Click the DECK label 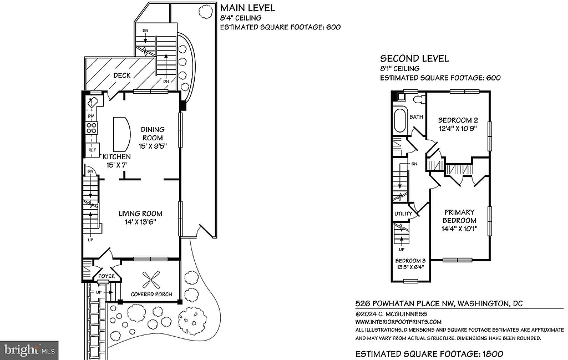coord(121,75)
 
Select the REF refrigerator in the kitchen coord(92,150)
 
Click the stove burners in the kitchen coord(92,129)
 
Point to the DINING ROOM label coord(153,134)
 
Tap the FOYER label coord(106,276)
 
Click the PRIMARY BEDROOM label coord(459,216)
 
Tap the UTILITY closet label coord(403,214)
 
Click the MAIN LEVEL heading coord(247,8)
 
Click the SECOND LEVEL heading coord(414,59)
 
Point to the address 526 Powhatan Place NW coord(405,303)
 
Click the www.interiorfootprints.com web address coord(398,322)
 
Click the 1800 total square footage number coord(493,353)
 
